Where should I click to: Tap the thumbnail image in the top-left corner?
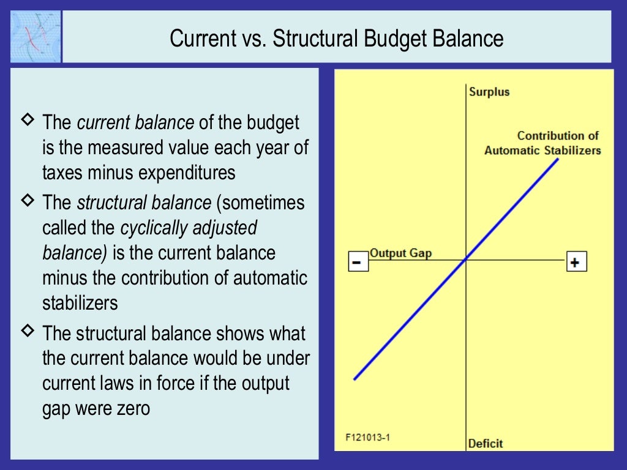pyautogui.click(x=36, y=36)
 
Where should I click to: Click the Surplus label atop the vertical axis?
pyautogui.click(x=489, y=92)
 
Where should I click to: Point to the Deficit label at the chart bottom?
pyautogui.click(x=486, y=443)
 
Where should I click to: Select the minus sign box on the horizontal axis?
pyautogui.click(x=358, y=262)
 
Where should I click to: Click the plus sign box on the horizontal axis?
pyautogui.click(x=576, y=262)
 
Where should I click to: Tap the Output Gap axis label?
pyautogui.click(x=400, y=253)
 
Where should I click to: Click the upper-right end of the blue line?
pyautogui.click(x=558, y=159)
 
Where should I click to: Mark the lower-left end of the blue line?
pyautogui.click(x=355, y=379)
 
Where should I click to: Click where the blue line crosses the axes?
pyautogui.click(x=467, y=259)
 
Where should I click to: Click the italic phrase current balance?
pyautogui.click(x=135, y=122)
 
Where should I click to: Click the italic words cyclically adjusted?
pyautogui.click(x=189, y=228)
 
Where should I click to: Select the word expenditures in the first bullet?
pyautogui.click(x=186, y=173)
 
